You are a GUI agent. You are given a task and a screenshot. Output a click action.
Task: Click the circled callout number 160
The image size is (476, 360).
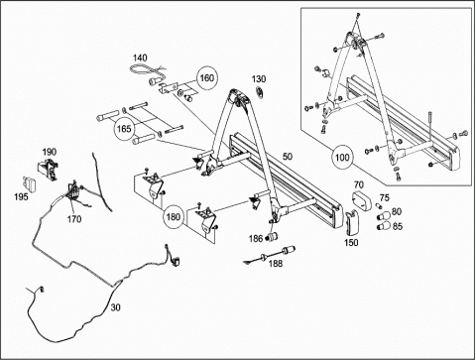click(207, 78)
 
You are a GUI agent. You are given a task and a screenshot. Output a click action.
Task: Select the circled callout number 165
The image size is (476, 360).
click(124, 129)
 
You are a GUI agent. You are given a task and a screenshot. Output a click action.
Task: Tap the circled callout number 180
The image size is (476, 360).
click(174, 217)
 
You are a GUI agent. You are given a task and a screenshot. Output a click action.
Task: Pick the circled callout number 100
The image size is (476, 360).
click(342, 157)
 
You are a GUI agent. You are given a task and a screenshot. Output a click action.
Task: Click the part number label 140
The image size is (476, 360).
click(140, 59)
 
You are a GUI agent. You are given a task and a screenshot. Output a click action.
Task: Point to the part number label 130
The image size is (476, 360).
click(259, 79)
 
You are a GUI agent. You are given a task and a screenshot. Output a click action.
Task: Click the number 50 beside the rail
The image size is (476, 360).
click(288, 157)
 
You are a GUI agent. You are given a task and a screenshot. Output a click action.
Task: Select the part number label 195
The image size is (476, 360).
click(21, 197)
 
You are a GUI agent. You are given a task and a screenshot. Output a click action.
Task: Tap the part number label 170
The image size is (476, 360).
click(74, 219)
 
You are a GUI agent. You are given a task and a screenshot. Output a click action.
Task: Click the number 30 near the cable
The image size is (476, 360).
click(115, 307)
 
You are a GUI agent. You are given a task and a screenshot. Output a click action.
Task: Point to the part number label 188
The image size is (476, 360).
click(276, 263)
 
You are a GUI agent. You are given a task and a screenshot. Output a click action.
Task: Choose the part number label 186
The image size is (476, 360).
click(256, 238)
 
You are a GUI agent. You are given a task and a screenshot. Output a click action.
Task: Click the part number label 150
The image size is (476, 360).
click(351, 242)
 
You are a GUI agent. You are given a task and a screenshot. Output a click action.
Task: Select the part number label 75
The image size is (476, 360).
click(385, 197)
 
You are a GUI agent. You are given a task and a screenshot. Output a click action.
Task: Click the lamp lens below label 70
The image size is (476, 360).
click(361, 200)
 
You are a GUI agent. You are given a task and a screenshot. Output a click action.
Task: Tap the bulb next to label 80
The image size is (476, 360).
click(383, 217)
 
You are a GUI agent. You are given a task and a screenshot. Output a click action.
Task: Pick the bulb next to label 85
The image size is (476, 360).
click(384, 226)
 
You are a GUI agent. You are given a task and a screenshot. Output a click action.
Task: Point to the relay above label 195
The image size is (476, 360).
click(28, 182)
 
